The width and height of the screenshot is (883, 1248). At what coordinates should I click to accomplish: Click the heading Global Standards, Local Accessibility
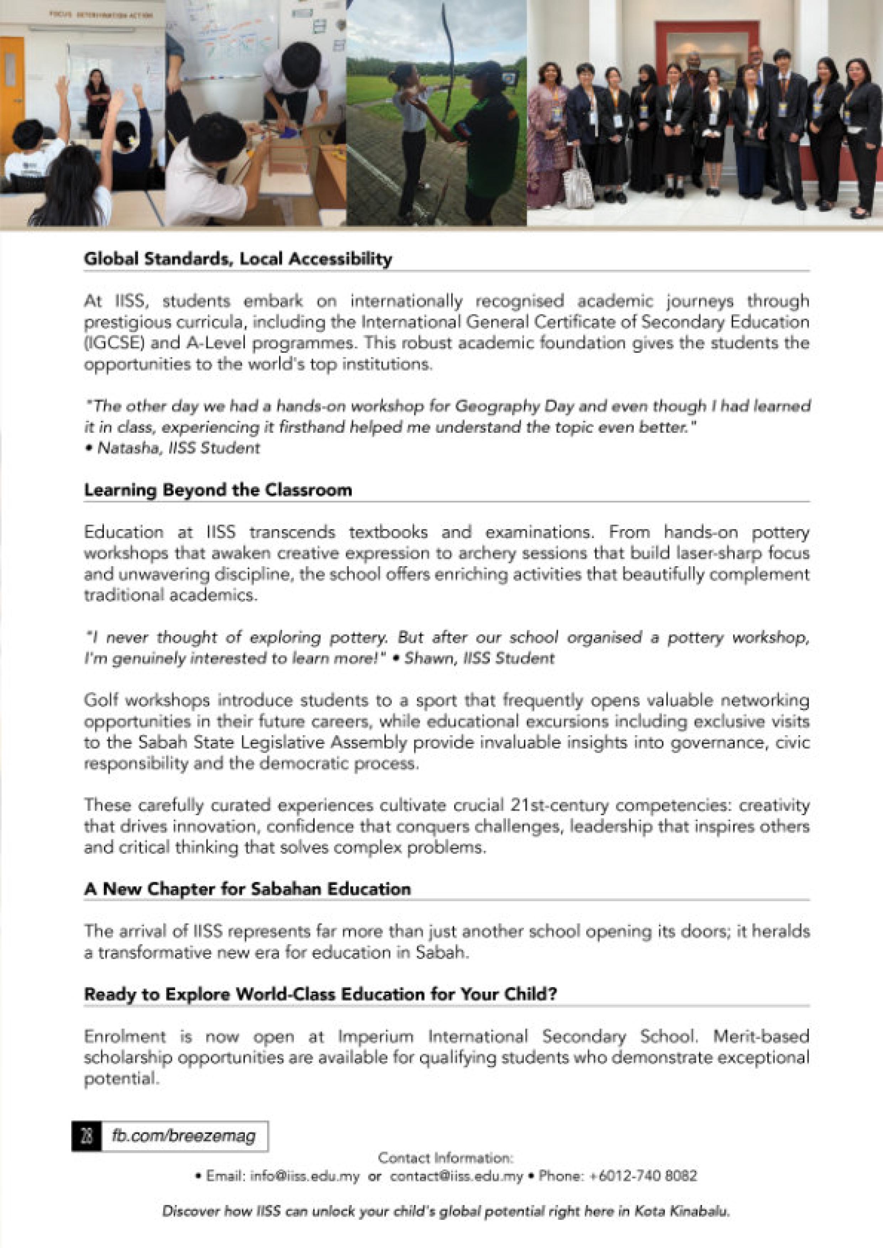[238, 259]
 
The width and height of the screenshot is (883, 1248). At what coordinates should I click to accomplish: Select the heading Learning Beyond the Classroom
[217, 490]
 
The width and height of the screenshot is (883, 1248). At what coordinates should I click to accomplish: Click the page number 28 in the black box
[86, 1136]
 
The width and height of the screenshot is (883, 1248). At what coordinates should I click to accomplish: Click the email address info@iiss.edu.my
[305, 1176]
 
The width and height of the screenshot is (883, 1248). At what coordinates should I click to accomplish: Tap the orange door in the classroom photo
[12, 87]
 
